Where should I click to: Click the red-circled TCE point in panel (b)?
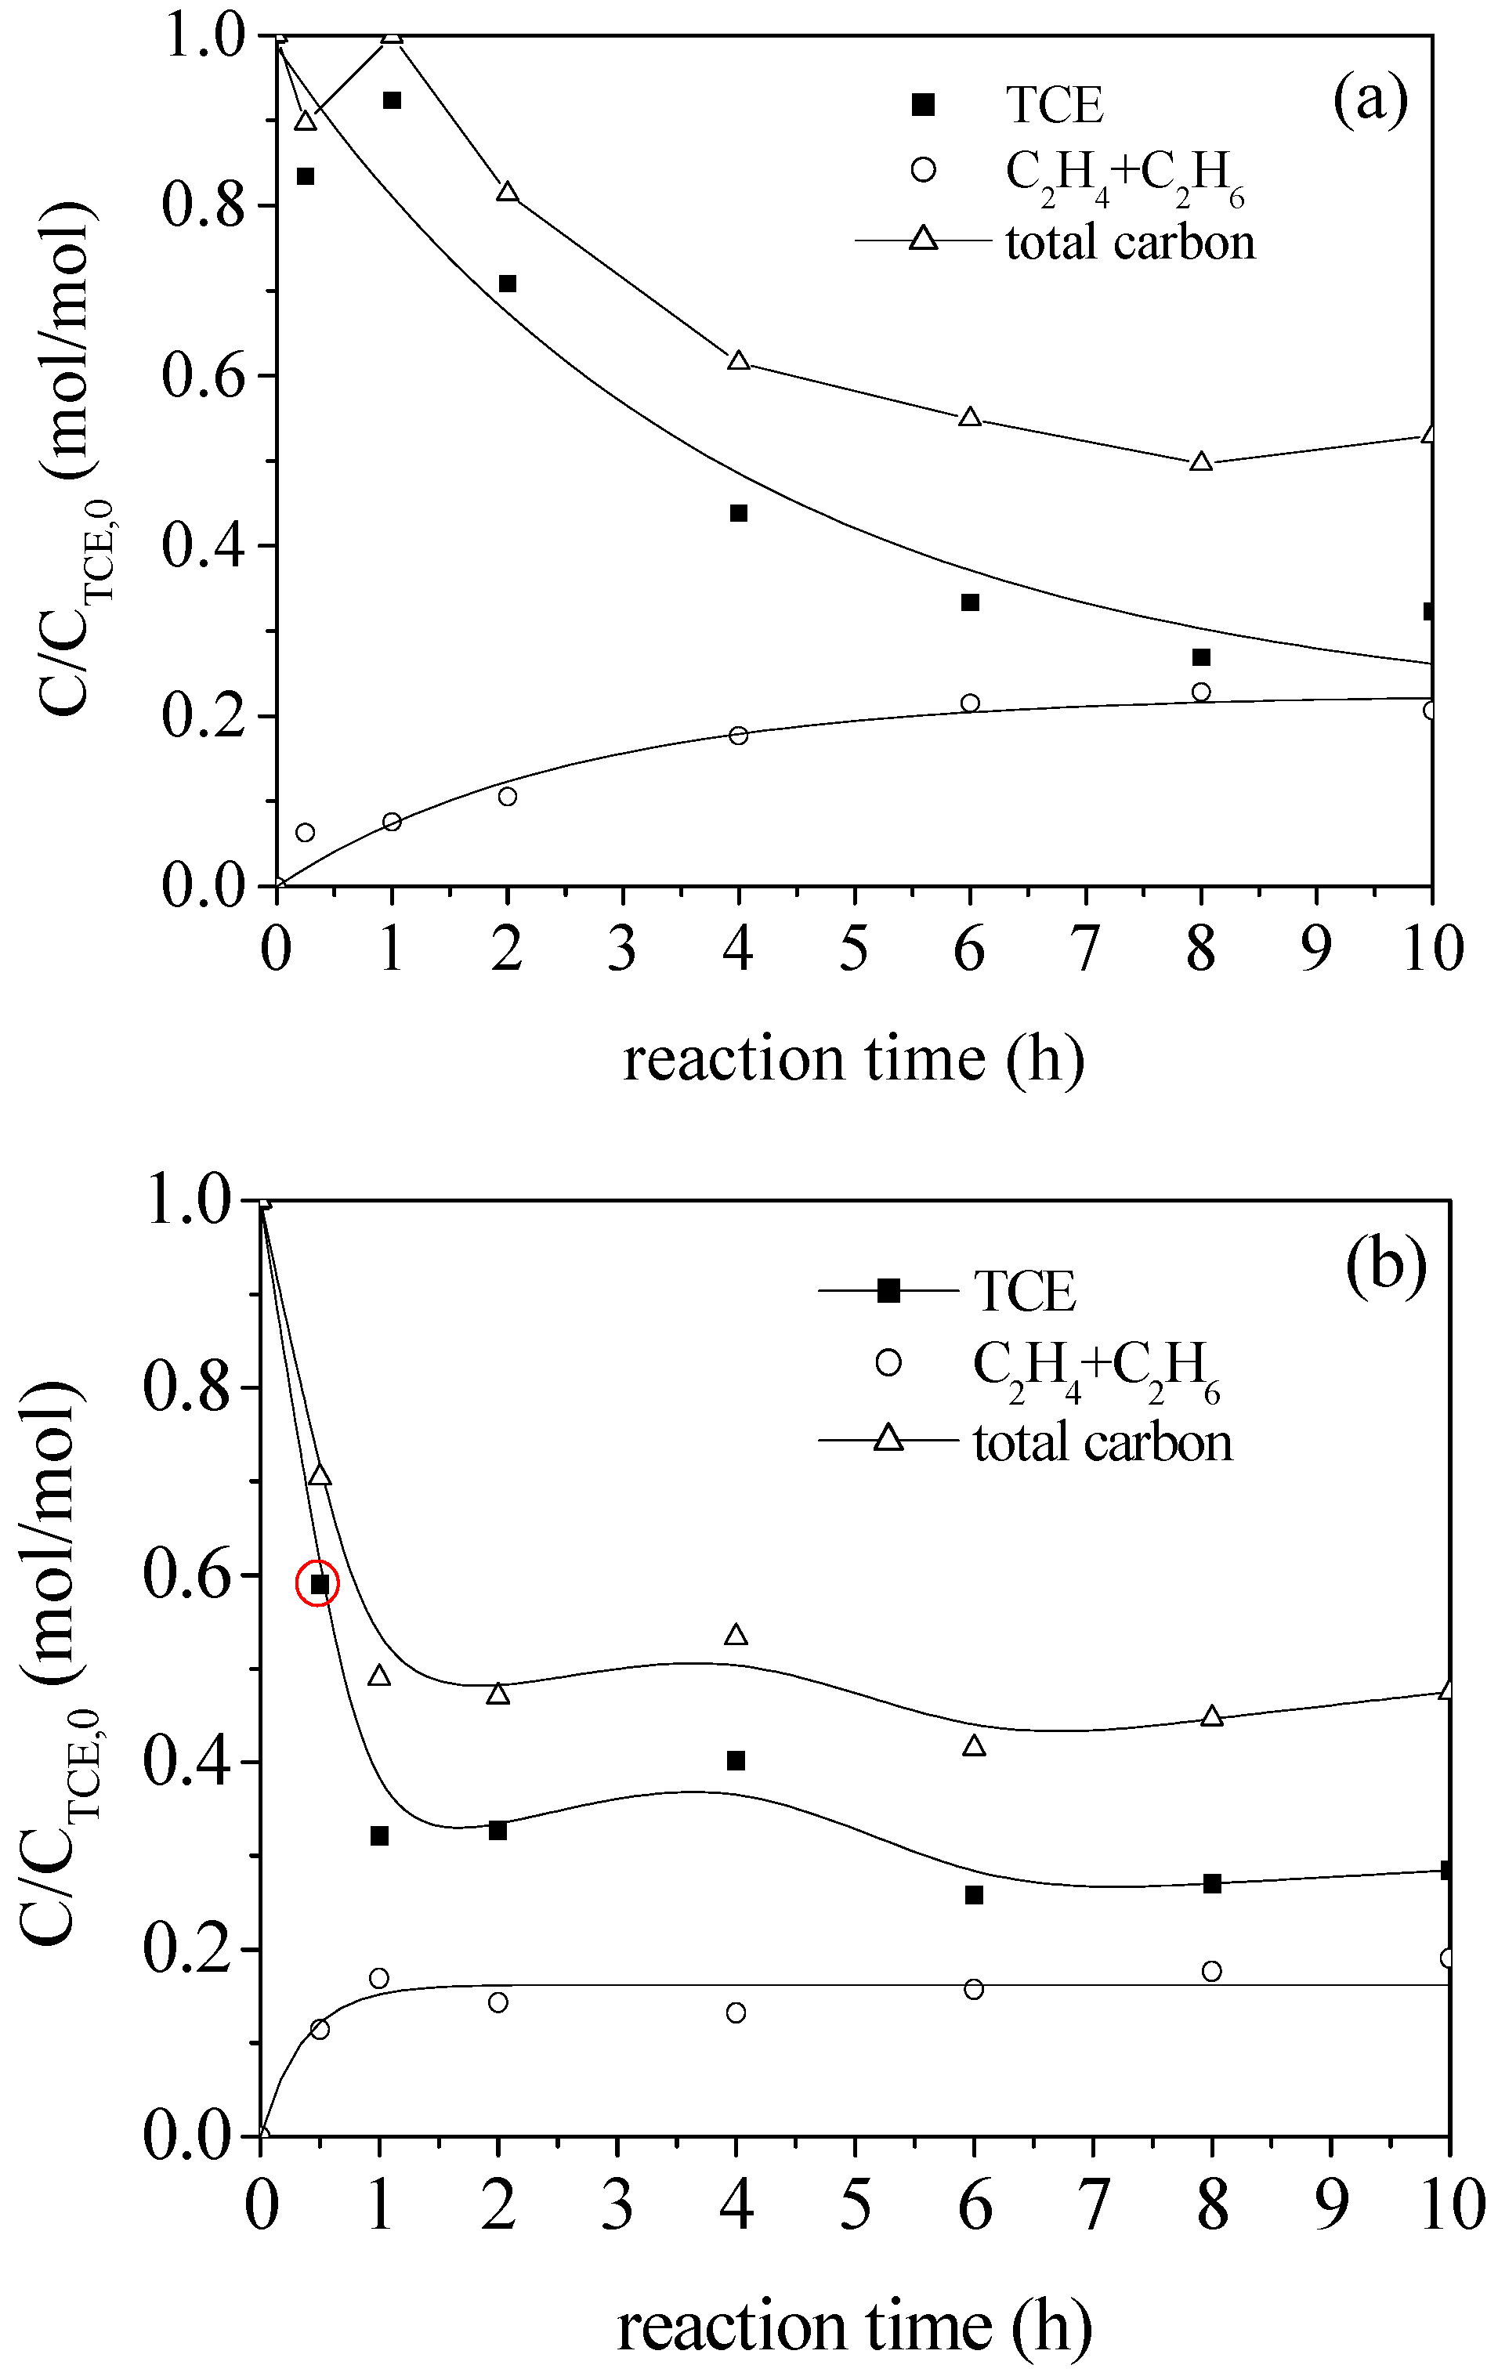tap(319, 1584)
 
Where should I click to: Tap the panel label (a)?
tap(1370, 99)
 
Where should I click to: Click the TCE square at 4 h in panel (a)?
tap(738, 513)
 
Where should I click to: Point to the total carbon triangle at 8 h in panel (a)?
tap(1201, 461)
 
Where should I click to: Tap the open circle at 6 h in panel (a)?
tap(970, 703)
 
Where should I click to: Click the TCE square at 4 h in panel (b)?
tap(735, 1760)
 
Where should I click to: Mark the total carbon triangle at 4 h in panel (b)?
tap(735, 1636)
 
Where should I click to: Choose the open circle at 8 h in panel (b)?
tap(1212, 1970)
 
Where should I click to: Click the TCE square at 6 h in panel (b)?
tap(974, 1894)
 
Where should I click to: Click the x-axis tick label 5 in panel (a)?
tap(854, 948)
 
